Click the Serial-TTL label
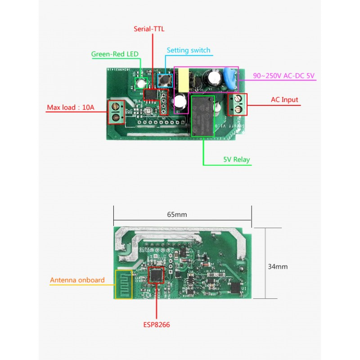click(x=149, y=29)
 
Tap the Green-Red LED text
click(x=115, y=54)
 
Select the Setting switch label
click(x=188, y=50)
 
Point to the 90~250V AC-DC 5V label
click(x=284, y=76)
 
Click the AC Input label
click(x=284, y=100)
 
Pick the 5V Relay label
click(x=236, y=160)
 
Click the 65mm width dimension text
click(x=177, y=215)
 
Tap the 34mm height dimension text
click(x=278, y=266)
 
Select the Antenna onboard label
click(x=77, y=280)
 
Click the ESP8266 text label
click(x=156, y=324)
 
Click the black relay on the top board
click(x=203, y=115)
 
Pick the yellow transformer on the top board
click(x=184, y=78)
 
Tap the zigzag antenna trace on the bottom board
click(x=124, y=285)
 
